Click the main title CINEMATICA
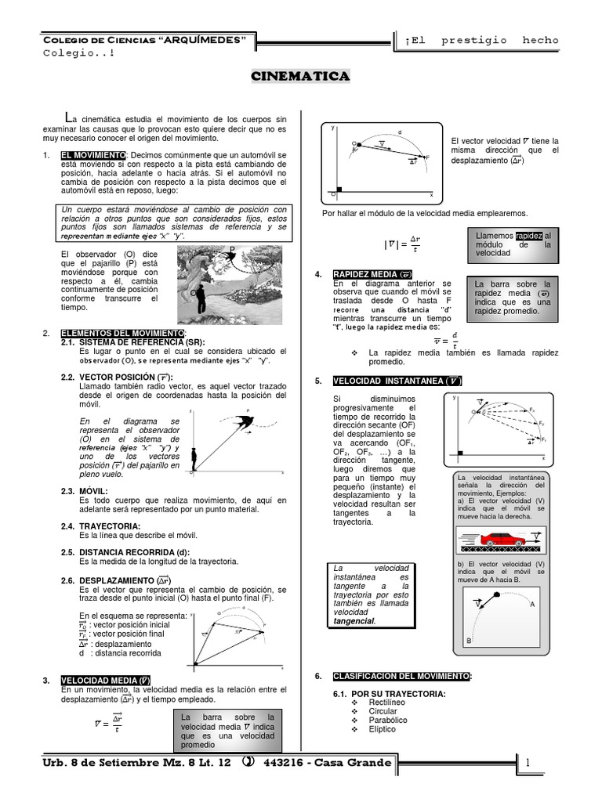click(299, 76)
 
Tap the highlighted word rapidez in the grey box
click(529, 236)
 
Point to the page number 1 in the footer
click(528, 762)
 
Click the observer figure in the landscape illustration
click(203, 298)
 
